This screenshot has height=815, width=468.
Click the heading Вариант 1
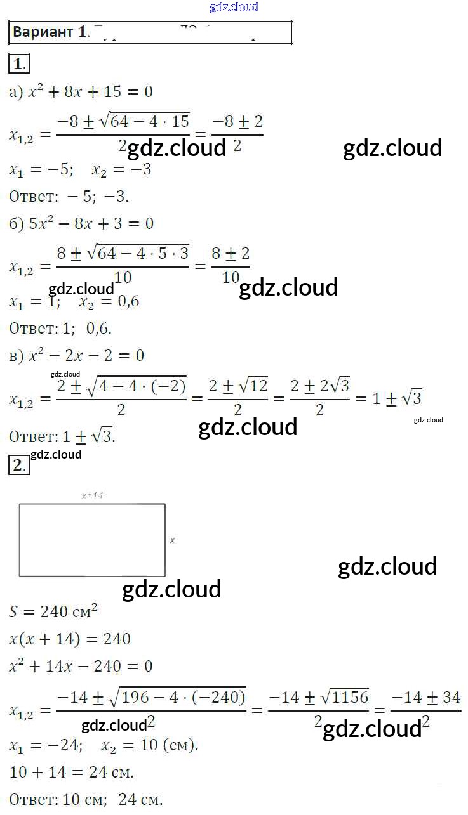(48, 32)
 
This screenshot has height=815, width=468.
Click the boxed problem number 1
(19, 63)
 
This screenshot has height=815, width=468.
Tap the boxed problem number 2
(19, 466)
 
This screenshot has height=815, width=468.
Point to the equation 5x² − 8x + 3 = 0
(81, 223)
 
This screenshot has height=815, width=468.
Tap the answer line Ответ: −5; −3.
(70, 197)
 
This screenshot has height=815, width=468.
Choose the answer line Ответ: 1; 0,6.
(61, 328)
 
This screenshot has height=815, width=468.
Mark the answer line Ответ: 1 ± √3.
(62, 437)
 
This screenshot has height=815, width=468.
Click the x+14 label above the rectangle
(93, 495)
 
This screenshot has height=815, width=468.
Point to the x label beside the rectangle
(173, 540)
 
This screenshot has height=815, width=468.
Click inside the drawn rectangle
(92, 540)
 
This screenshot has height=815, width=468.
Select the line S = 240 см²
(54, 611)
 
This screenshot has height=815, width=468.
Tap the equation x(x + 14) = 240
(70, 639)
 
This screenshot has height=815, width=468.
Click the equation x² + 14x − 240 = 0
(81, 667)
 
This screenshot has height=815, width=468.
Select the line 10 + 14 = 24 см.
(72, 773)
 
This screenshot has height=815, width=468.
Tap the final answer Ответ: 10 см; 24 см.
(86, 800)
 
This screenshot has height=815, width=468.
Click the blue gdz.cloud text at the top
(234, 8)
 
